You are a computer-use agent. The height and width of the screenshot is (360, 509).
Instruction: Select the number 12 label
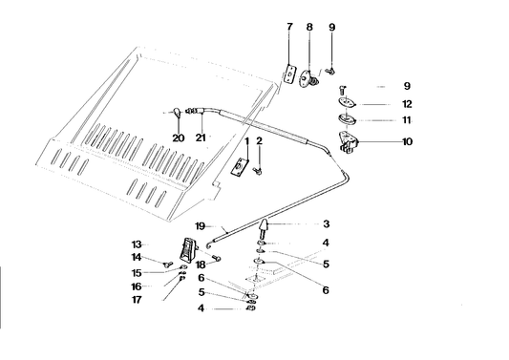[406, 104]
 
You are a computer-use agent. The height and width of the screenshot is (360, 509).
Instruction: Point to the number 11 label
[406, 121]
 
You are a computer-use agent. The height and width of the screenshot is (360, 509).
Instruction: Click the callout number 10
[406, 142]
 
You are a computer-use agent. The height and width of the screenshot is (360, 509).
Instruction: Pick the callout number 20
[178, 138]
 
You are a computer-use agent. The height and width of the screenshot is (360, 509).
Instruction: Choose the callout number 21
[201, 138]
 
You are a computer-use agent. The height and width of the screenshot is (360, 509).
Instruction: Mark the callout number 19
[201, 225]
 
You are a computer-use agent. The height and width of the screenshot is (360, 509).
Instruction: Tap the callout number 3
[326, 224]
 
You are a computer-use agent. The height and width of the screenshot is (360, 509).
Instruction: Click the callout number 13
[137, 244]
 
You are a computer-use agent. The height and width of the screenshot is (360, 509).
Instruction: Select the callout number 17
[137, 300]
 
